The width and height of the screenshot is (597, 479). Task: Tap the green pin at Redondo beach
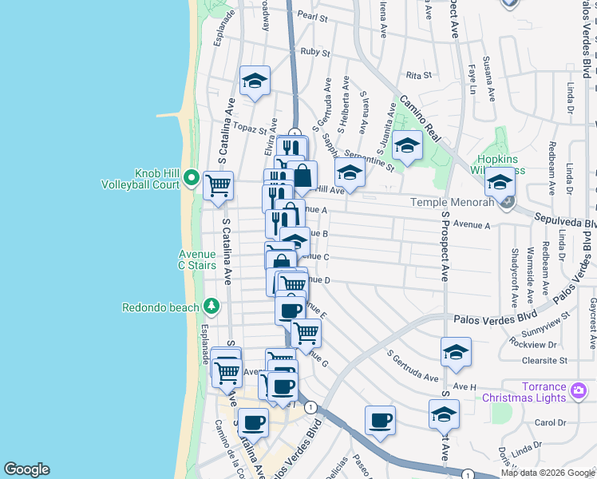pyautogui.click(x=212, y=306)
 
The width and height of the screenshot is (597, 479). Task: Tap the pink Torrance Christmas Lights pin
pyautogui.click(x=580, y=392)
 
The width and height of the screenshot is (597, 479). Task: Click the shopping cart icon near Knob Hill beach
pyautogui.click(x=218, y=186)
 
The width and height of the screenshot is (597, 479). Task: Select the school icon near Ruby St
pyautogui.click(x=255, y=81)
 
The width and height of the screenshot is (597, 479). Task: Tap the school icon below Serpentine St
pyautogui.click(x=350, y=172)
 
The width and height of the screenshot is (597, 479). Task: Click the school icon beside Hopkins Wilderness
pyautogui.click(x=500, y=183)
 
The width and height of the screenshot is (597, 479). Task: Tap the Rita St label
pyautogui.click(x=418, y=75)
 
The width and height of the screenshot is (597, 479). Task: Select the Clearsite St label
pyautogui.click(x=542, y=360)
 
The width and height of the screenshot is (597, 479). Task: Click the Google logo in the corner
pyautogui.click(x=26, y=469)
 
